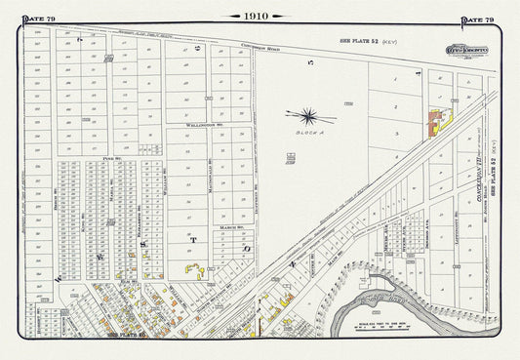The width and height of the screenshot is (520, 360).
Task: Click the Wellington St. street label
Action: pos(199,128)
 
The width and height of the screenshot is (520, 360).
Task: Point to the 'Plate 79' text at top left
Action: pos(41,17)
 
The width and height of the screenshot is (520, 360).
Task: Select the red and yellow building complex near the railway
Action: pos(434,122)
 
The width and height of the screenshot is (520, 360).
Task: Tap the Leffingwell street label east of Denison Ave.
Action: pos(458,226)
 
